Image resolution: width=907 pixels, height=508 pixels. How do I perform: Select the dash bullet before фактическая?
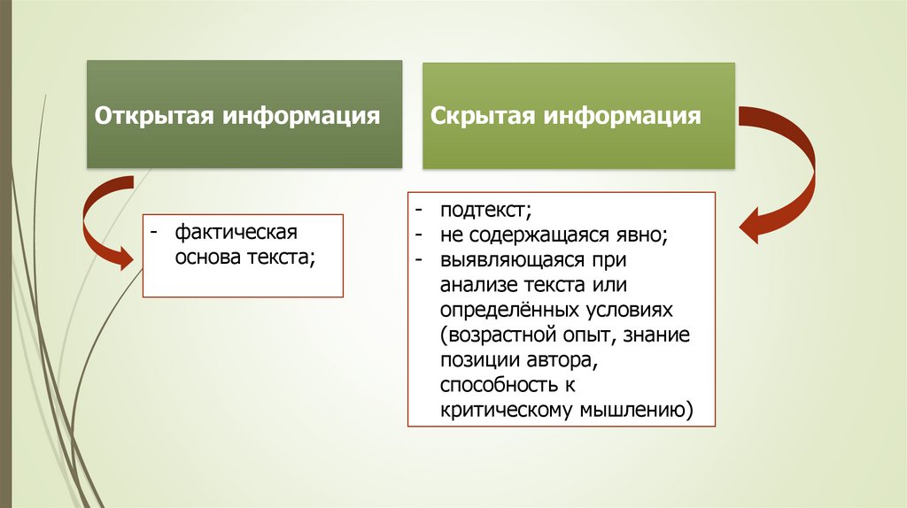click(x=154, y=233)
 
